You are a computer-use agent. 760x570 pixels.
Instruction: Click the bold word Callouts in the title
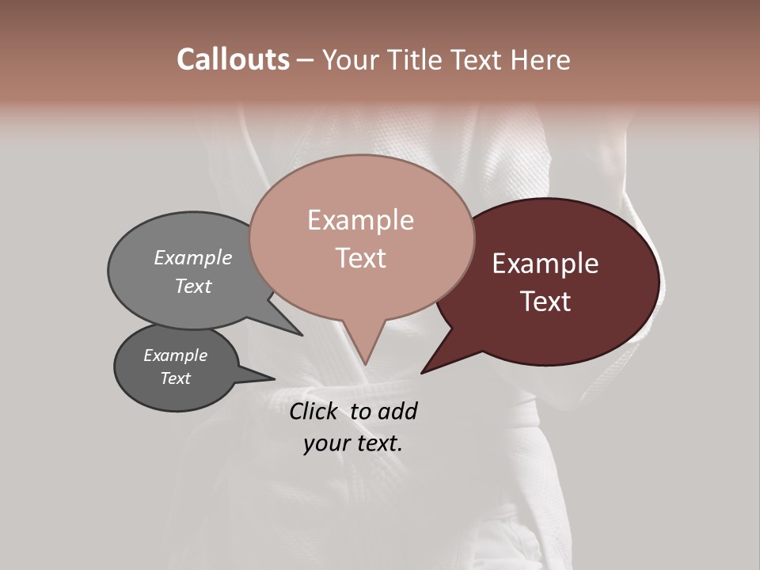(x=233, y=59)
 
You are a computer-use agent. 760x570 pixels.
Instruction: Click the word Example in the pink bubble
(x=360, y=220)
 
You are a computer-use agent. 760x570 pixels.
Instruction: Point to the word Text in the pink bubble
(x=360, y=258)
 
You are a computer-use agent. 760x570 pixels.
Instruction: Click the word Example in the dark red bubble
(x=545, y=264)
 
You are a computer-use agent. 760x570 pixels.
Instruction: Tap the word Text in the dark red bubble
(x=545, y=302)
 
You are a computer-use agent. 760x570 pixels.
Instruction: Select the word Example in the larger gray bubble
(x=193, y=258)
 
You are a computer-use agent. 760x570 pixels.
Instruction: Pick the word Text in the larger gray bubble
(x=193, y=286)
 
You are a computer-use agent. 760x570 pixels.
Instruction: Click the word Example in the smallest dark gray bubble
(x=175, y=355)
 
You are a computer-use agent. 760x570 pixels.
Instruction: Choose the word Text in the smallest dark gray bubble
(x=175, y=378)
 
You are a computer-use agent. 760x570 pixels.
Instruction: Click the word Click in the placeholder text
(x=314, y=411)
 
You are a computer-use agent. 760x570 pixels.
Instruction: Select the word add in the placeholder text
(x=397, y=411)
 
